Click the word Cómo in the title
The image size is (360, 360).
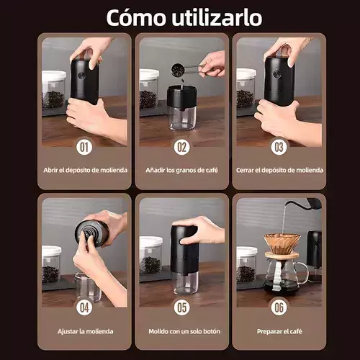tap(136, 17)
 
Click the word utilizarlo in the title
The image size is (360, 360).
tap(217, 17)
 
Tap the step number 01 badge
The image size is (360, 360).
tap(84, 147)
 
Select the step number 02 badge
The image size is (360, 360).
tap(181, 147)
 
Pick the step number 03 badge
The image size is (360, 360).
tap(279, 147)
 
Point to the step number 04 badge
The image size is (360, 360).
tap(84, 307)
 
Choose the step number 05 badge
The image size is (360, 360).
tap(181, 307)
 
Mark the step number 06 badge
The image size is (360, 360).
tap(279, 307)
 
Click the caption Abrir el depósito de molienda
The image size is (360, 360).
tap(86, 170)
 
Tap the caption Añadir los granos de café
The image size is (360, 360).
tap(181, 170)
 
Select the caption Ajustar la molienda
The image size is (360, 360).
tap(86, 331)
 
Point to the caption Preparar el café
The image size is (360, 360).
tap(279, 331)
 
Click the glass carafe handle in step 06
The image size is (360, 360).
tap(303, 273)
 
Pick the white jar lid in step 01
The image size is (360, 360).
tap(54, 76)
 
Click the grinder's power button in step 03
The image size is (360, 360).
tap(277, 74)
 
